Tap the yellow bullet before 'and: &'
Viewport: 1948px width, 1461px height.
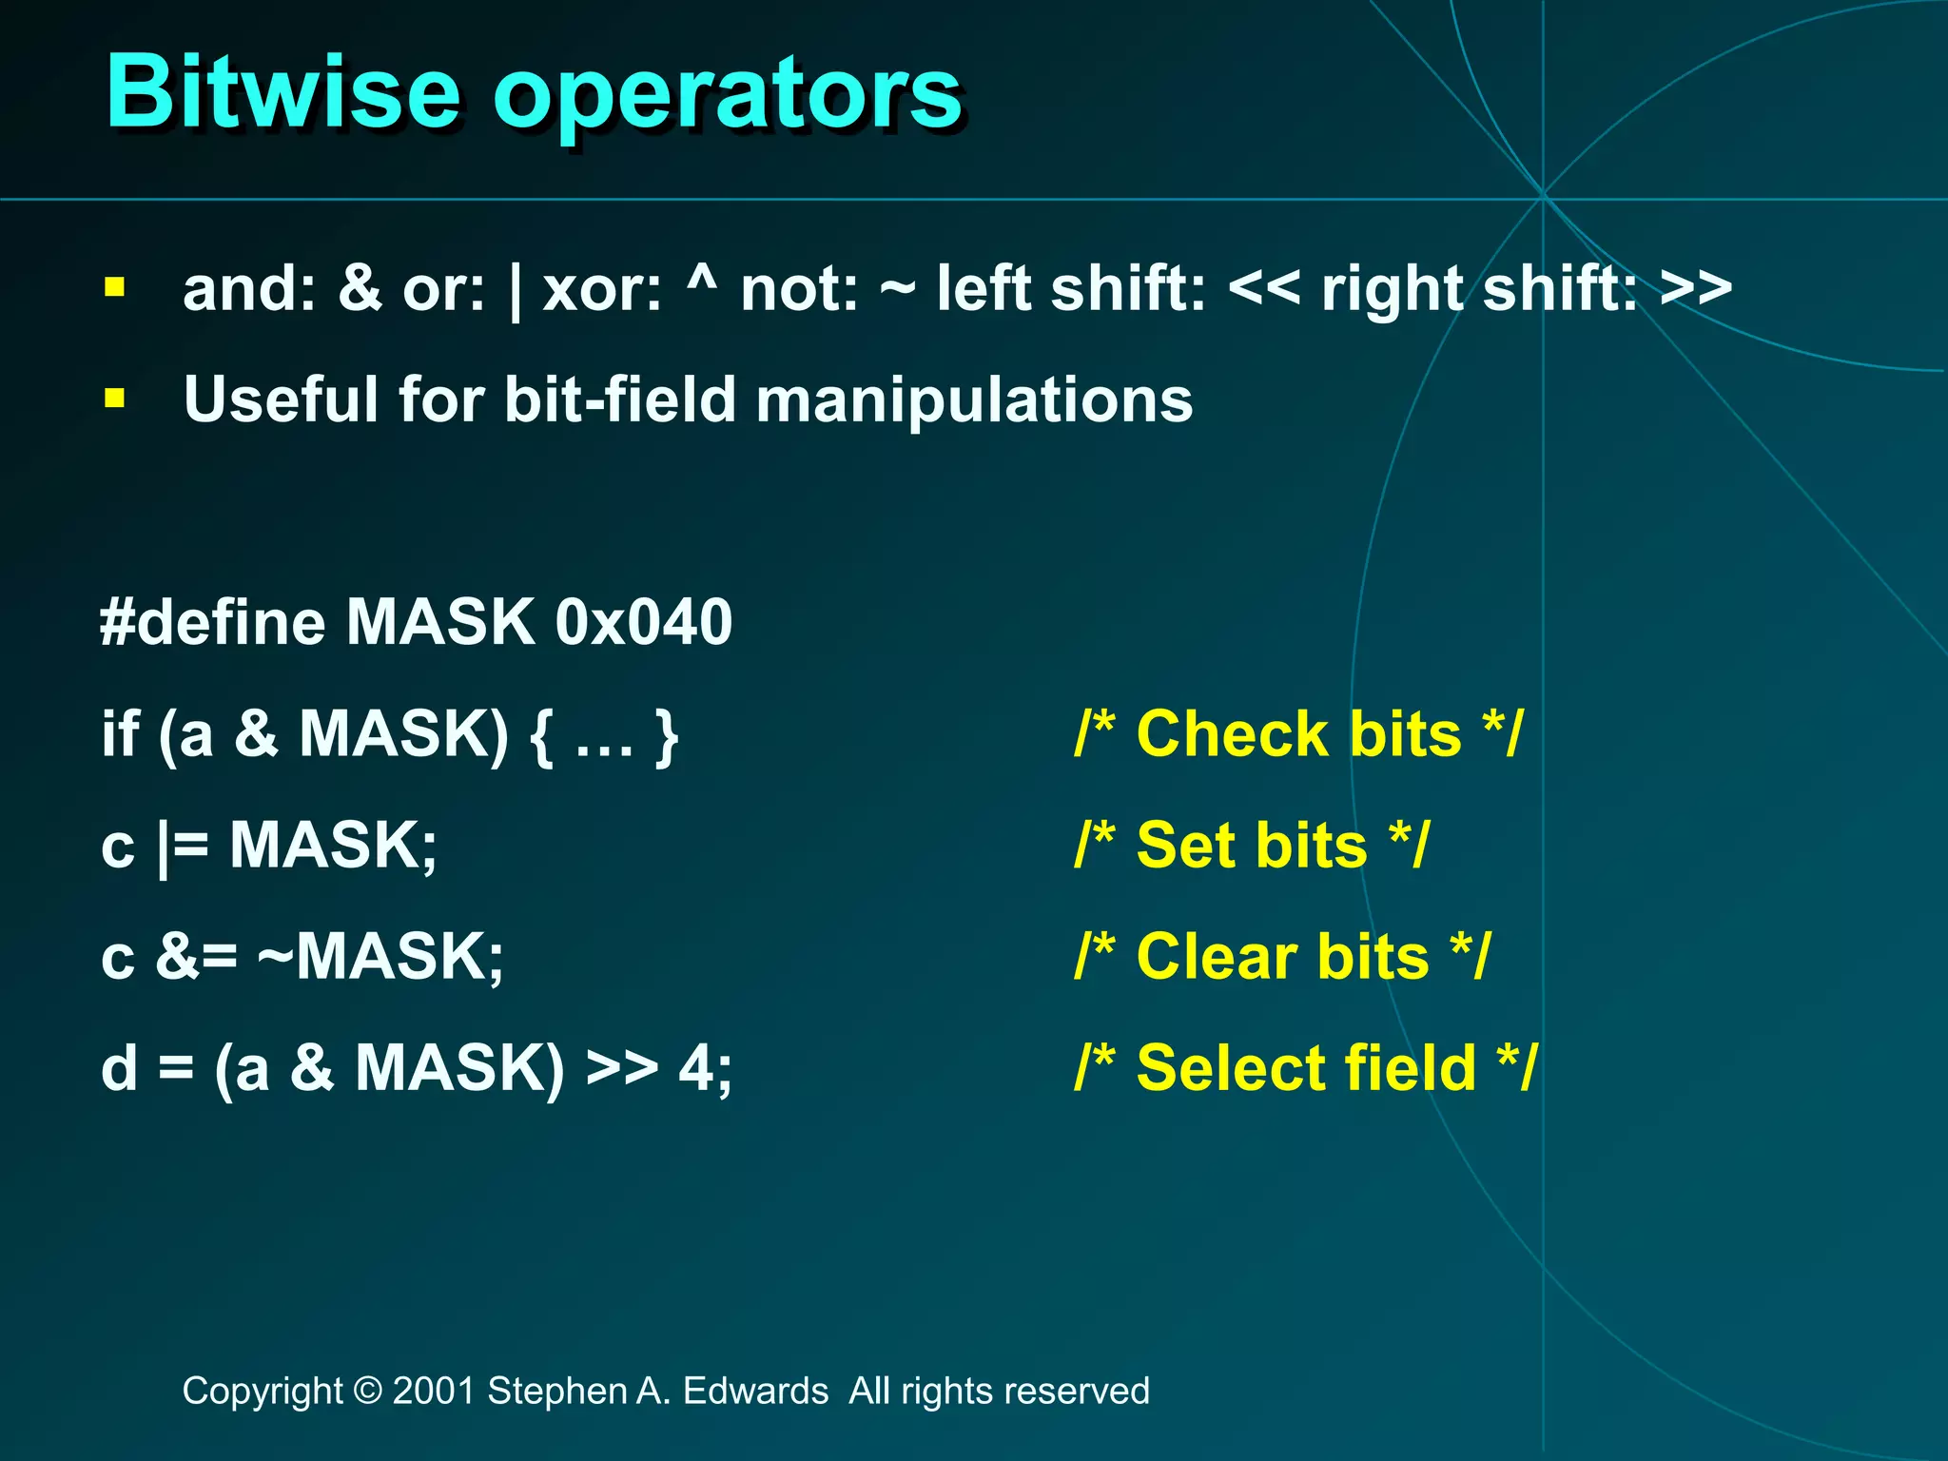point(115,287)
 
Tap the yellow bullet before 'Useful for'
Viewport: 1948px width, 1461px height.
point(115,398)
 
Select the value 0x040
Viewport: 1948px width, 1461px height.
point(644,623)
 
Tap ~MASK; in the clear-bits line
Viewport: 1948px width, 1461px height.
point(380,956)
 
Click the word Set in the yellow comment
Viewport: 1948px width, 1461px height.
point(1184,846)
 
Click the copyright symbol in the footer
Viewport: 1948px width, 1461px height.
point(367,1391)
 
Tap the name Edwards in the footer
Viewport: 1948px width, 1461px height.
point(755,1391)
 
